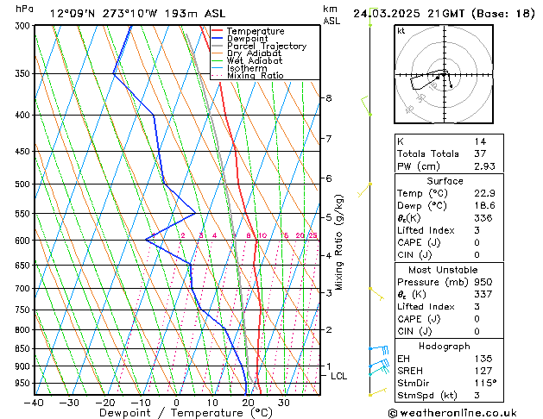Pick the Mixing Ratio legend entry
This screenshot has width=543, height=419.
click(x=255, y=76)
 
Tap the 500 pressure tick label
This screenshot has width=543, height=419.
click(x=22, y=184)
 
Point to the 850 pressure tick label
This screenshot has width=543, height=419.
click(x=22, y=348)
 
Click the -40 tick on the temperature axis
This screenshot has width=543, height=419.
click(x=35, y=403)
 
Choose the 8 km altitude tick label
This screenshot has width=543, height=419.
click(x=328, y=98)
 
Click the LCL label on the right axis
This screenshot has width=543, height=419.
click(x=339, y=376)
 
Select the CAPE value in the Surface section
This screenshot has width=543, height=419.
click(x=477, y=243)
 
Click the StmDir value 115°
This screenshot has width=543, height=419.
click(x=484, y=383)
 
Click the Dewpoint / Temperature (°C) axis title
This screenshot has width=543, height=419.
click(x=177, y=413)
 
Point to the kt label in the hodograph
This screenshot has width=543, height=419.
click(x=401, y=30)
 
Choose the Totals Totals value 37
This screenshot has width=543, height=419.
click(x=479, y=153)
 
